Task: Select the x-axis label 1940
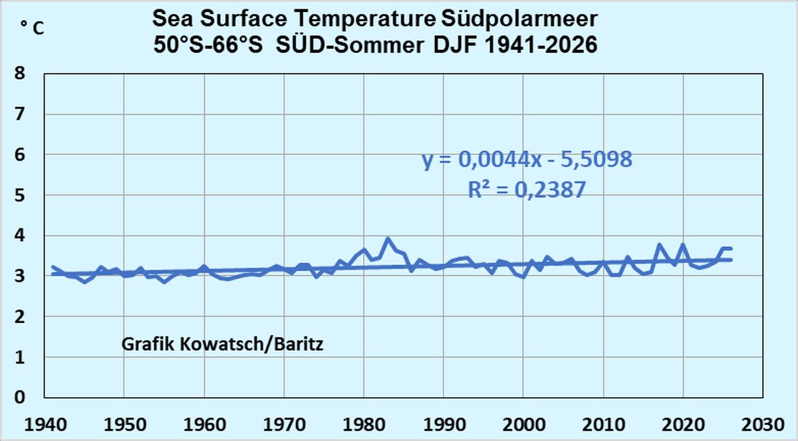click(x=43, y=423)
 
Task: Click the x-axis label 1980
click(x=363, y=423)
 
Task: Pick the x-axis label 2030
click(x=763, y=423)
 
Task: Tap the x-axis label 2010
click(x=603, y=423)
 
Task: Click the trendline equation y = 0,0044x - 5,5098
click(x=527, y=160)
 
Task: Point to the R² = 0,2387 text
click(x=527, y=191)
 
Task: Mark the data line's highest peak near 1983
click(x=388, y=238)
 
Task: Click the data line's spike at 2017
click(x=660, y=245)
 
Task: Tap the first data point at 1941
click(x=52, y=267)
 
